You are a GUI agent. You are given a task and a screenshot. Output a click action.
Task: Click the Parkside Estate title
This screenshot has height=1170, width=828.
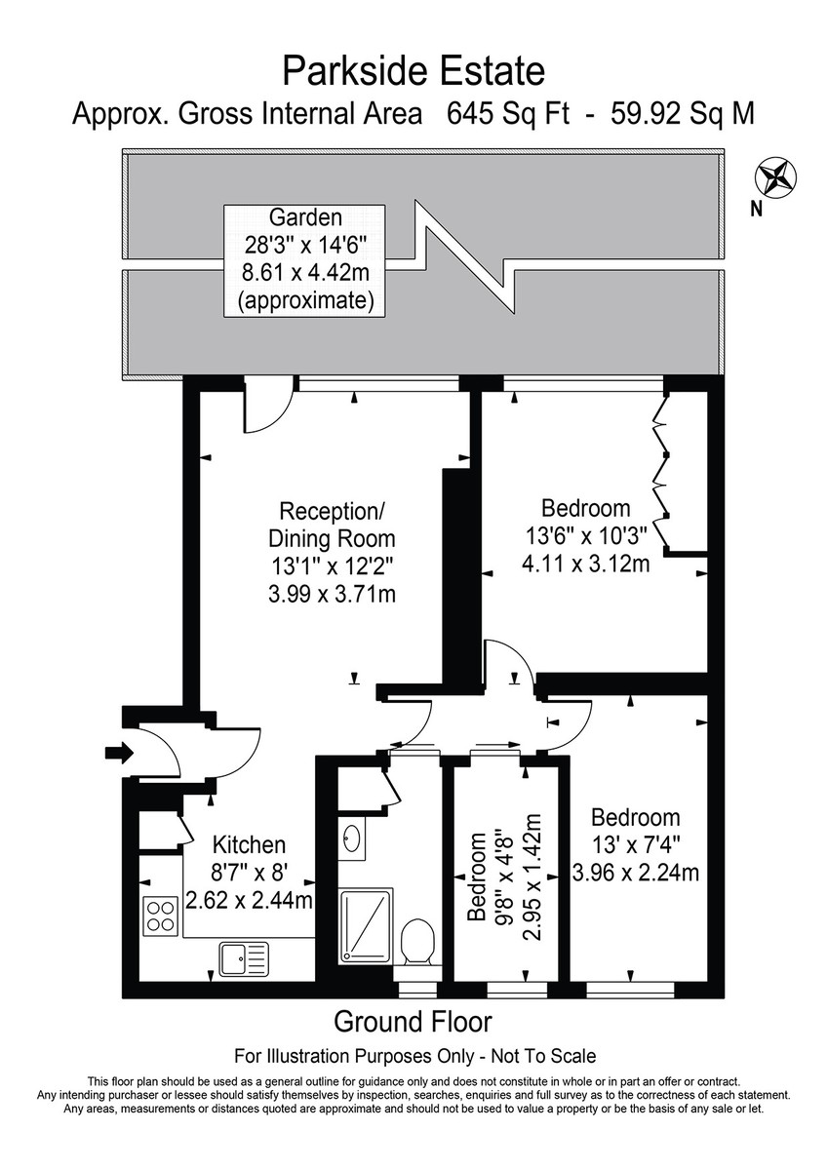click(x=414, y=71)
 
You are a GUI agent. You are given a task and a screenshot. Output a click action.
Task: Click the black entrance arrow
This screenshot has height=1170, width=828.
click(x=117, y=752)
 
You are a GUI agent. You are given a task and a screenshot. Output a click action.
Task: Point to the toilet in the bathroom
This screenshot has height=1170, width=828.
click(x=417, y=939)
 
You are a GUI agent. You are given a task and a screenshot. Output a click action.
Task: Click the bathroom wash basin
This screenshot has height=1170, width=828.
click(x=351, y=838)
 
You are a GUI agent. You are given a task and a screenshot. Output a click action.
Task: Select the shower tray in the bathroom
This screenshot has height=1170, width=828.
click(x=365, y=924)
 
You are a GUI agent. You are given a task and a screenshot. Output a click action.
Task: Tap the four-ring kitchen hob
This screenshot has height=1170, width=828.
click(x=161, y=916)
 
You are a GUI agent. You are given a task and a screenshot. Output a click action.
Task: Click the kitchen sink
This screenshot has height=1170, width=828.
click(x=242, y=958)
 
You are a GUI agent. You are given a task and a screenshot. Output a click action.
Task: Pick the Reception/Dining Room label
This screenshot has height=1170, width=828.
click(x=332, y=524)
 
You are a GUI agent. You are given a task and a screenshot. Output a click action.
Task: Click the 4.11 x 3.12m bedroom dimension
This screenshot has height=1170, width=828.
click(x=585, y=563)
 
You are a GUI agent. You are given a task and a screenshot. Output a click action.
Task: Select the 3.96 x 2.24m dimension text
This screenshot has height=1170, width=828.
click(x=635, y=872)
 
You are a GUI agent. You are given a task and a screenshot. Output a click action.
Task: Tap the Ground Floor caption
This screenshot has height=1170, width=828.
click(x=413, y=1022)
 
